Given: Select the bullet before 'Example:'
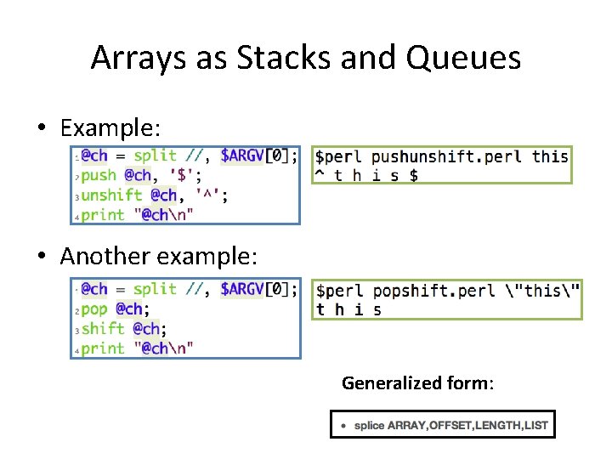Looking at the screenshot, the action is pyautogui.click(x=41, y=128).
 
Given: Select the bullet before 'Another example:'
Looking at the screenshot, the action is pyautogui.click(x=41, y=256).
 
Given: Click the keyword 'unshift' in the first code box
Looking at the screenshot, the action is pyautogui.click(x=112, y=195).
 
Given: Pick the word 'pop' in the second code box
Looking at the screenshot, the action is pyautogui.click(x=94, y=309).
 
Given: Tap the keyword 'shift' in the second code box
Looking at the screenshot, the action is pyautogui.click(x=103, y=328).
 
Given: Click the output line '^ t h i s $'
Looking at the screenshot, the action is pyautogui.click(x=365, y=175).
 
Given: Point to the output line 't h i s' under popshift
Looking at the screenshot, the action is pyautogui.click(x=348, y=309).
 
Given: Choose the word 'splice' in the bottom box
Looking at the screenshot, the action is pyautogui.click(x=369, y=424).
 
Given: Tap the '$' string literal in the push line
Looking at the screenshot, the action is pyautogui.click(x=184, y=175).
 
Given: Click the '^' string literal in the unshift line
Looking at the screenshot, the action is pyautogui.click(x=211, y=195).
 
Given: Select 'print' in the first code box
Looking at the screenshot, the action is pyautogui.click(x=103, y=214).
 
